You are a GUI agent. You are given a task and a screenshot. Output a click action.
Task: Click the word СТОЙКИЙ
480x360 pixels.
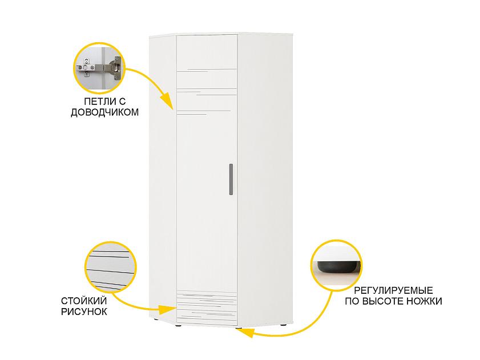(82, 301)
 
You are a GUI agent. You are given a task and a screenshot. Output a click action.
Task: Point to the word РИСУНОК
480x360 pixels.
(83, 312)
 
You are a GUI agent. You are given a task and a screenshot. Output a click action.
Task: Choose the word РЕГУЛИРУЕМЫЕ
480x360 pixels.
(394, 290)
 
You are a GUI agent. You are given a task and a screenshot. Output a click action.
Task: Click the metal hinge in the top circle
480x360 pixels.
(103, 68)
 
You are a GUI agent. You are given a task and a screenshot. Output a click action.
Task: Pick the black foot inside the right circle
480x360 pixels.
(337, 266)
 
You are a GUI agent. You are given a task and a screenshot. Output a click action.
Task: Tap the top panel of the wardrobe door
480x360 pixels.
(206, 51)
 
